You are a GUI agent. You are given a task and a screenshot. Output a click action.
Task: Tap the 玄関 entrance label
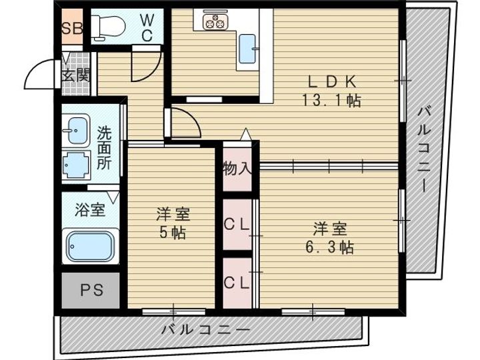coord(75,75)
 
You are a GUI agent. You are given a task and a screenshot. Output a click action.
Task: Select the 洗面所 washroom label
coord(105,148)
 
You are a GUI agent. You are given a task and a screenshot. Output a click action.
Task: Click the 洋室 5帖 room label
coord(171,224)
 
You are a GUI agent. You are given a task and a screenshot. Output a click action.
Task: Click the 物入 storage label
coord(237,167)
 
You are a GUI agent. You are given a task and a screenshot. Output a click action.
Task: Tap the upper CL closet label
coord(237,225)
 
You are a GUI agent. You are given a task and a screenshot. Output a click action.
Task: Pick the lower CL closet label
coord(237,282)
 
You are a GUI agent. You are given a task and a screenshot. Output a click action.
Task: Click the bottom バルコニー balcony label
coord(205,331)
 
